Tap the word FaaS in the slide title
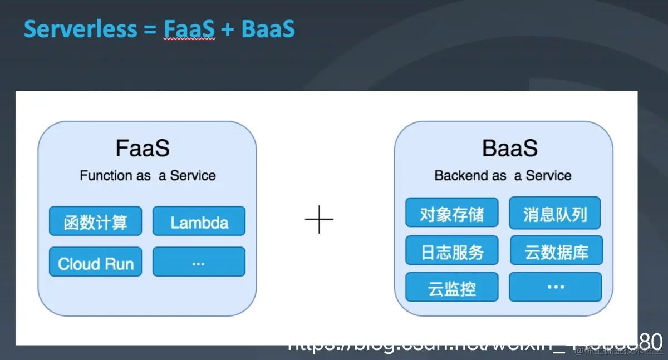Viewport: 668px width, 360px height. (189, 29)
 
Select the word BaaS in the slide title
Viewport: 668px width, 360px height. (267, 29)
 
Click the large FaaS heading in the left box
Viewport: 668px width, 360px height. (143, 149)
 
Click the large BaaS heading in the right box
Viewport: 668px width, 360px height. (510, 149)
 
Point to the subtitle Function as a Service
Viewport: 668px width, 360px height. (148, 176)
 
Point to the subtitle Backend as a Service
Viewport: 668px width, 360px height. (503, 176)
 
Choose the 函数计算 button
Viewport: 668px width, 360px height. (95, 221)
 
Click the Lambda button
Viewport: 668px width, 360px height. (199, 221)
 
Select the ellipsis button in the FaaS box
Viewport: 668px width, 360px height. (199, 262)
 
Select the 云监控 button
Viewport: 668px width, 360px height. (451, 287)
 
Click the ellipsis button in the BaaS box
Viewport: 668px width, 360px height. (555, 287)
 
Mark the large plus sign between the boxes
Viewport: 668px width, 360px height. (319, 219)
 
